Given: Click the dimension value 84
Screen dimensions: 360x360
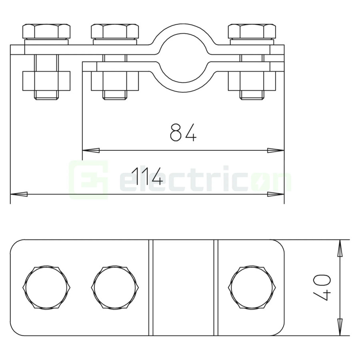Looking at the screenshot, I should click(x=183, y=132).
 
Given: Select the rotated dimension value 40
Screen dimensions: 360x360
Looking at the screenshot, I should click(x=322, y=287).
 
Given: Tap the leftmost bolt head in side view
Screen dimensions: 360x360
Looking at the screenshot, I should click(x=46, y=31).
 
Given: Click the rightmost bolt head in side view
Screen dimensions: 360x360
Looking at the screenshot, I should click(x=252, y=31).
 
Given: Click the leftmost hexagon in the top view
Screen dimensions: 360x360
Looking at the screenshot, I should click(x=46, y=287).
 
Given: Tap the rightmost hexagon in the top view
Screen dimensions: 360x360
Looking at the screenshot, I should click(x=252, y=287).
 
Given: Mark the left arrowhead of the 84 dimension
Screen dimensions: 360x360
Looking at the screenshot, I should click(x=90, y=150).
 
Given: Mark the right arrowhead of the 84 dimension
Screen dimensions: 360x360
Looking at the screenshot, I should click(x=276, y=150).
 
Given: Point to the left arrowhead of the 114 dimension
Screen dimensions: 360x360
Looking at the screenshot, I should click(x=18, y=194).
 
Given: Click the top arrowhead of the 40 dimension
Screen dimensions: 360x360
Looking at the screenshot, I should click(x=340, y=248).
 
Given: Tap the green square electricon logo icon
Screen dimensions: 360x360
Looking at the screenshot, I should click(x=88, y=180).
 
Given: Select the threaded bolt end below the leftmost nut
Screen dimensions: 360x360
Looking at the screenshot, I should click(x=46, y=95).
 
